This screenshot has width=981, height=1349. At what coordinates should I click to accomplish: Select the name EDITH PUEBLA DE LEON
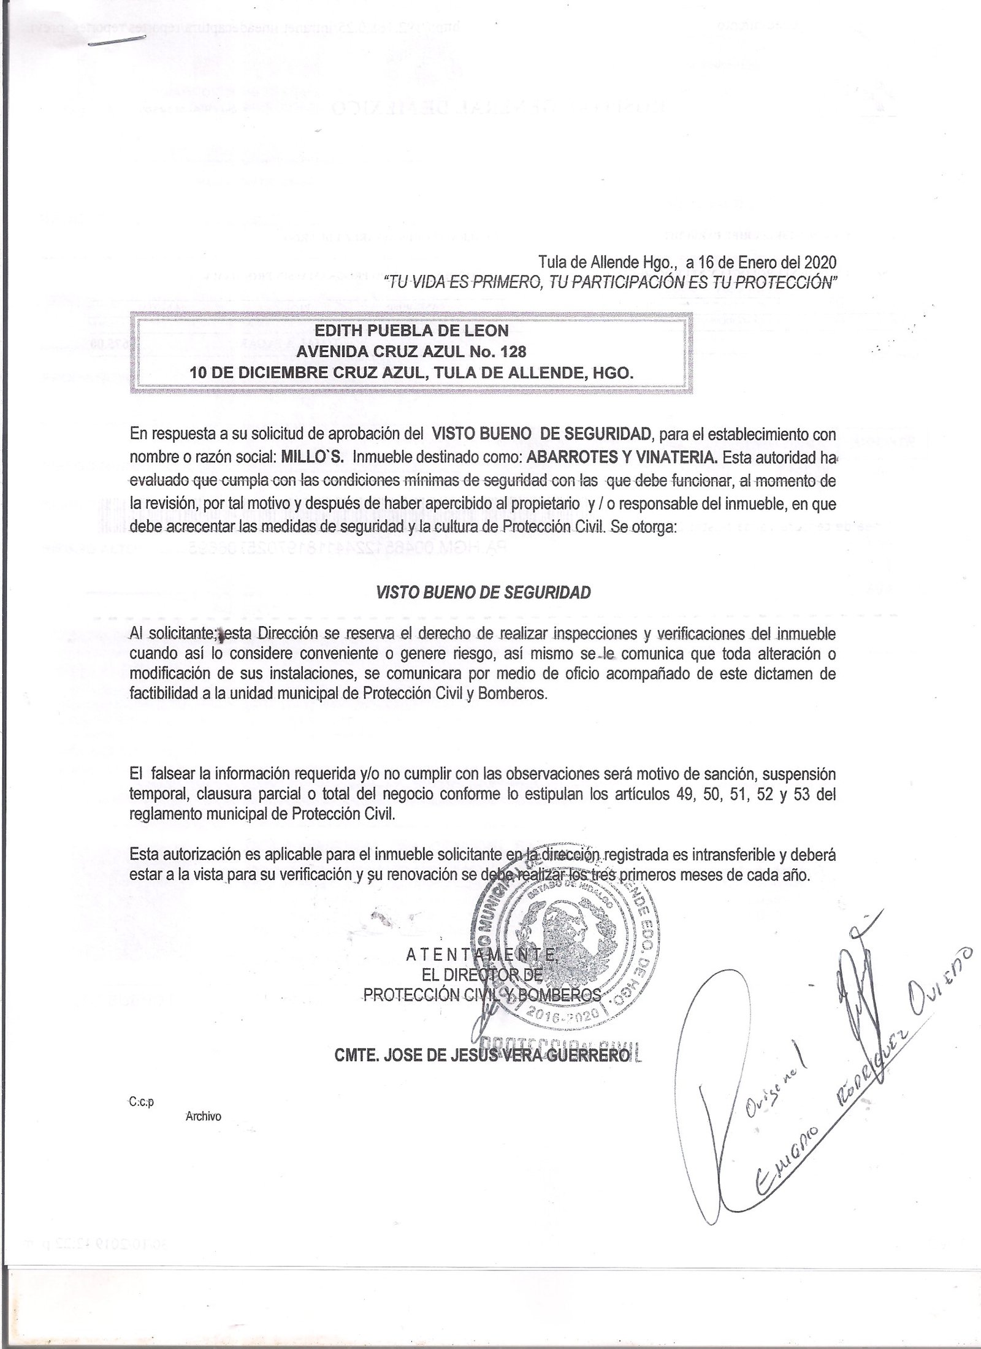tap(411, 331)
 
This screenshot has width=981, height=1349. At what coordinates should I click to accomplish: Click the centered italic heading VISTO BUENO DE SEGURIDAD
tap(483, 592)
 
